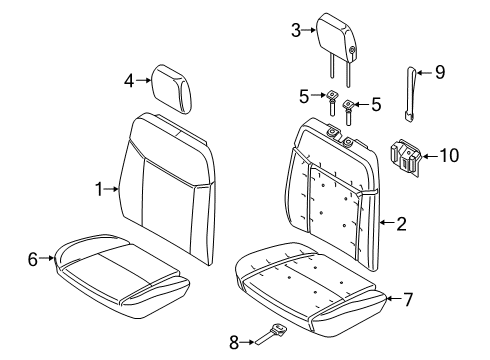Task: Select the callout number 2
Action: [400, 224]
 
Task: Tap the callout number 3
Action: [296, 31]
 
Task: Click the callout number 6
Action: [33, 259]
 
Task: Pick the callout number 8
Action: [234, 343]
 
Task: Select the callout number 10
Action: [450, 154]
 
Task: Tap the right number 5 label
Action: [376, 103]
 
